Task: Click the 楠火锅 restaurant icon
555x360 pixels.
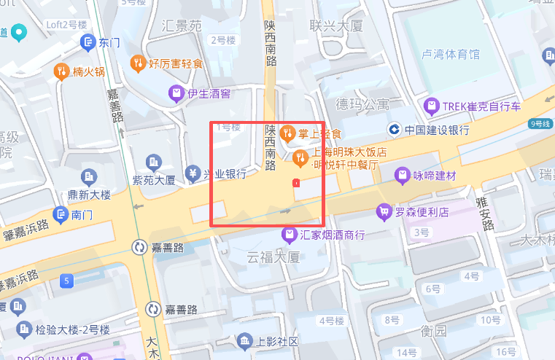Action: [61, 71]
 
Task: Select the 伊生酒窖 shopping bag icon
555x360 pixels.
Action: [175, 93]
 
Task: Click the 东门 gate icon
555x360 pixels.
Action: [88, 42]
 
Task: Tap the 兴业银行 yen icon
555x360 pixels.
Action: [193, 173]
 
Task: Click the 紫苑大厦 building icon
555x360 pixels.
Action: [153, 161]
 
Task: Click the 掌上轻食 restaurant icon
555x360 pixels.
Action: [287, 133]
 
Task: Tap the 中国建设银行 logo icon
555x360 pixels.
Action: [394, 130]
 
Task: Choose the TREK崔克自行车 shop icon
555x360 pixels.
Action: [432, 107]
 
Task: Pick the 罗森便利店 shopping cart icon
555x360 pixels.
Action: [383, 212]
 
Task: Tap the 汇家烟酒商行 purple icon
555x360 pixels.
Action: [290, 235]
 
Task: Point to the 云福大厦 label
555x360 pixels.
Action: [273, 257]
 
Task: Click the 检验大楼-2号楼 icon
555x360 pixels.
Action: [24, 329]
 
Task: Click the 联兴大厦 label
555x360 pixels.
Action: [336, 26]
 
